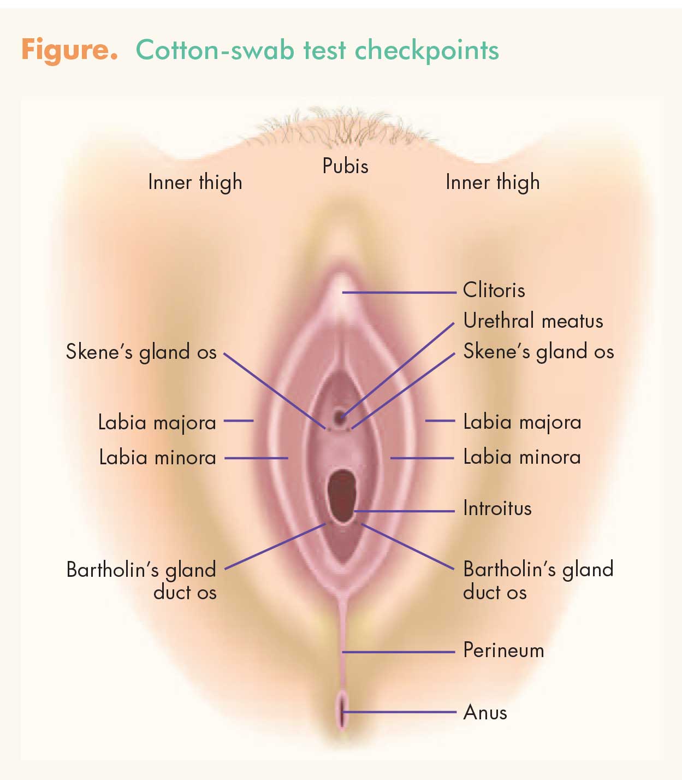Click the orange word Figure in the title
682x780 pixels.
pyautogui.click(x=69, y=50)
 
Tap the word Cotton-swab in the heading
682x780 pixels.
pyautogui.click(x=216, y=50)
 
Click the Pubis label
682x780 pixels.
pyautogui.click(x=346, y=166)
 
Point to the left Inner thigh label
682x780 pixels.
pyautogui.click(x=195, y=182)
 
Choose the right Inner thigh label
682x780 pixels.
pyautogui.click(x=493, y=182)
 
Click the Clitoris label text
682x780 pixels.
pyautogui.click(x=494, y=290)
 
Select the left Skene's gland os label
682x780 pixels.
pyautogui.click(x=141, y=352)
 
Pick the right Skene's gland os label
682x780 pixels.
pyautogui.click(x=539, y=352)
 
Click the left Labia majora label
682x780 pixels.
pyautogui.click(x=157, y=423)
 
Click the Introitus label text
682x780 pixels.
pyautogui.click(x=497, y=508)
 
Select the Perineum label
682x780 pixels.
pyautogui.click(x=503, y=651)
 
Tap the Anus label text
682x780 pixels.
pyautogui.click(x=485, y=712)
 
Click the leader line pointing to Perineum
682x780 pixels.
pyautogui.click(x=398, y=652)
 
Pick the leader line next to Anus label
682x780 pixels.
pyautogui.click(x=399, y=712)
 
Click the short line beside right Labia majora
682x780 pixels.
pyautogui.click(x=440, y=421)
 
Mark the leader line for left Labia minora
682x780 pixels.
pyautogui.click(x=256, y=458)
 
